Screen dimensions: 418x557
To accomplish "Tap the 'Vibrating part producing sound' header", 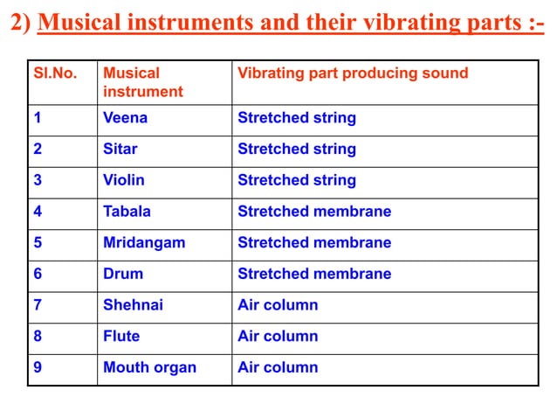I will pyautogui.click(x=353, y=73).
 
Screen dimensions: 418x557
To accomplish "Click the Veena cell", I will pyautogui.click(x=126, y=118).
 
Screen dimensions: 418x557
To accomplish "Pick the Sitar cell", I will pyautogui.click(x=120, y=149).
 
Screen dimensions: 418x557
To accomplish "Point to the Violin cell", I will pyautogui.click(x=124, y=180).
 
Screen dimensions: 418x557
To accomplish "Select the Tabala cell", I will pyautogui.click(x=127, y=212).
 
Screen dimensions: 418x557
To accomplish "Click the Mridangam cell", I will pyautogui.click(x=144, y=242).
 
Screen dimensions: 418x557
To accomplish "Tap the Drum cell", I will pyautogui.click(x=123, y=274).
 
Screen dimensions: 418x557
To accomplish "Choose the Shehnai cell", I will pyautogui.click(x=133, y=305).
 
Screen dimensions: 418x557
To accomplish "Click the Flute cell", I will pyautogui.click(x=121, y=336).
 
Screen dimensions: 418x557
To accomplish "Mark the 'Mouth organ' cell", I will pyautogui.click(x=149, y=367).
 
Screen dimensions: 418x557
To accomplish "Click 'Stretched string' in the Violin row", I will pyautogui.click(x=297, y=180).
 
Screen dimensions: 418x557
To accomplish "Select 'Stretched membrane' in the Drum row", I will pyautogui.click(x=314, y=274).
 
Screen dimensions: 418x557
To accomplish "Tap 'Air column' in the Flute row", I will pyautogui.click(x=278, y=336).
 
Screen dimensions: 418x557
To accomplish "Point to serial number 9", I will pyautogui.click(x=38, y=367).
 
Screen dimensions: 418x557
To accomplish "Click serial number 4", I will pyautogui.click(x=38, y=212).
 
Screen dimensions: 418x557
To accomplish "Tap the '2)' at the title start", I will pyautogui.click(x=20, y=22).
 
